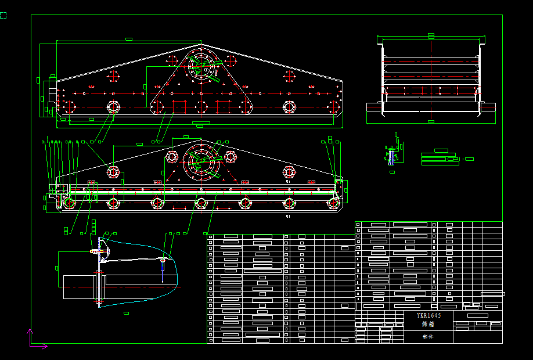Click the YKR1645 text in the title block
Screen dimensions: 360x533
coord(429,315)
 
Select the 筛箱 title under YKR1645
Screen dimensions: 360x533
coord(428,325)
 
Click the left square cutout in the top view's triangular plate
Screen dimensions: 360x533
coord(179,106)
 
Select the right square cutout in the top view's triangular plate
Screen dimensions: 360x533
coord(222,106)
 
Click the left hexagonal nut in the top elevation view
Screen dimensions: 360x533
coord(113,107)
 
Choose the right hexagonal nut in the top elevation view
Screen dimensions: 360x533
coord(289,107)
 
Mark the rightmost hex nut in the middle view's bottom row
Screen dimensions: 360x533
coord(333,203)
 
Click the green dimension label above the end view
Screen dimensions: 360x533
coord(431,35)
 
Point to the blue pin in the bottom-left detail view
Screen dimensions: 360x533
coord(163,265)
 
